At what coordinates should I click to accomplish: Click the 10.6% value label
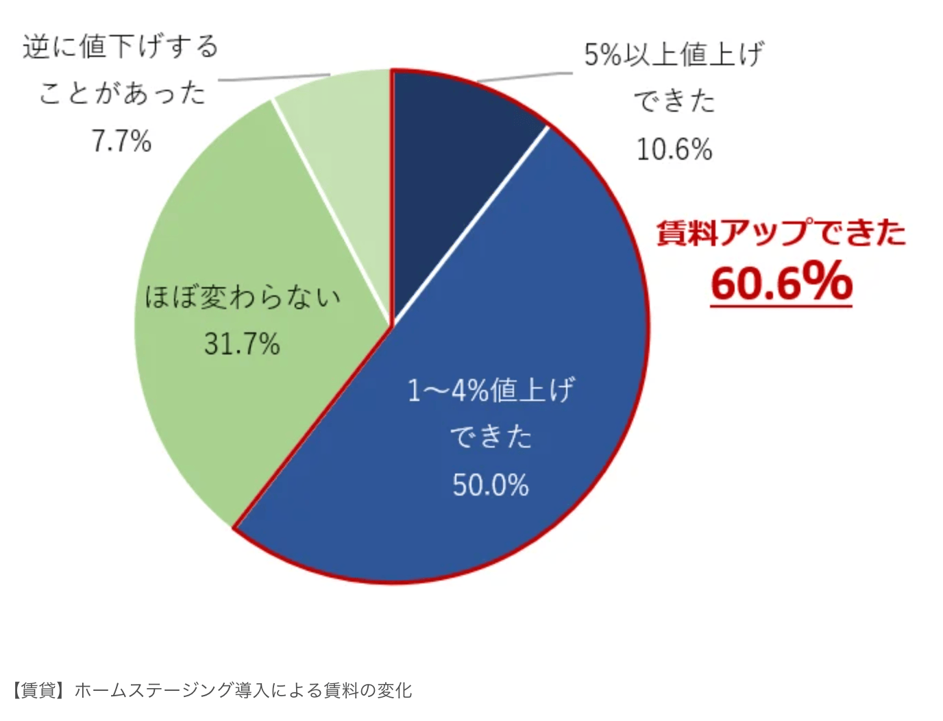(x=674, y=149)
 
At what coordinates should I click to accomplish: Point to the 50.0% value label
(x=491, y=485)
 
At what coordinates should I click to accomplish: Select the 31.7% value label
(x=242, y=343)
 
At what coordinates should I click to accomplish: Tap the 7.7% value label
(x=121, y=141)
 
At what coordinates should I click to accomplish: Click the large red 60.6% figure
(x=781, y=282)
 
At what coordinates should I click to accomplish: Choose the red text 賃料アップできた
(x=781, y=233)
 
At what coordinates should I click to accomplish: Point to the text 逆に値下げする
(x=121, y=47)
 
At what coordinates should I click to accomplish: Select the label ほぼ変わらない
(x=242, y=297)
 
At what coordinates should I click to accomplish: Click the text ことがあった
(x=122, y=93)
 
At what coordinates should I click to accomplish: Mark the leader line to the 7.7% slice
(x=274, y=77)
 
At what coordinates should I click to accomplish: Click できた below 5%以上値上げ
(x=674, y=101)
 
